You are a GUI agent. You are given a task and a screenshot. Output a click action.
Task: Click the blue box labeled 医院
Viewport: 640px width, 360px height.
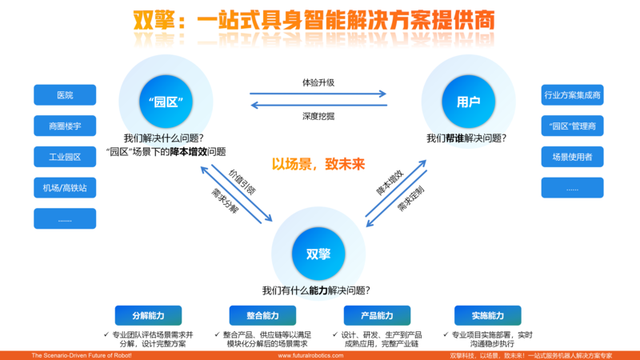[x=65, y=95]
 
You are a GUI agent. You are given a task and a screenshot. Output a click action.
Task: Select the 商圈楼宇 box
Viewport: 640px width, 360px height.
[x=65, y=126]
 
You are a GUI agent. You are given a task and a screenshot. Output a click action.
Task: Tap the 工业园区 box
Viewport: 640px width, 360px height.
[x=65, y=156]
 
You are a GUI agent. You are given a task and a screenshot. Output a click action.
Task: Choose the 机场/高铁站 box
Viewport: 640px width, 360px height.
[x=65, y=187]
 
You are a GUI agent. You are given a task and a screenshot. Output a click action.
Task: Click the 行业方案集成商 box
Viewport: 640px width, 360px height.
[x=572, y=95]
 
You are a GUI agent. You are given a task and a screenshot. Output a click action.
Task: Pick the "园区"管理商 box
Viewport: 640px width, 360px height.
[x=572, y=126]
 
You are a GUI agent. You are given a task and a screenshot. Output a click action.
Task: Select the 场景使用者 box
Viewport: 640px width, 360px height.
[x=572, y=156]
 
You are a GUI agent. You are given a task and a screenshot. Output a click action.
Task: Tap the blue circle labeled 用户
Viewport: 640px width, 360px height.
[x=468, y=102]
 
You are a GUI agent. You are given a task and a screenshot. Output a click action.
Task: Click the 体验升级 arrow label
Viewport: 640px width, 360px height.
[x=318, y=82]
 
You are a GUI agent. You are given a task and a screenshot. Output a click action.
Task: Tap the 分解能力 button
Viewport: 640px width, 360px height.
[x=148, y=315]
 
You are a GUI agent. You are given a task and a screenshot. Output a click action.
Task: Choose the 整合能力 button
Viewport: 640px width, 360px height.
[x=262, y=315]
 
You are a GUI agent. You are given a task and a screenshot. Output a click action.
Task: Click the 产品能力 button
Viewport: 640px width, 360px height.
[x=377, y=315]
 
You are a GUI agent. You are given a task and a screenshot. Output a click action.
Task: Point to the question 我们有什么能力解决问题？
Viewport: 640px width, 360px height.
[x=318, y=291]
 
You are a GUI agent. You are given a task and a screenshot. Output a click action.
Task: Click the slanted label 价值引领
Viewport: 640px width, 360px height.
[x=242, y=182]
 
